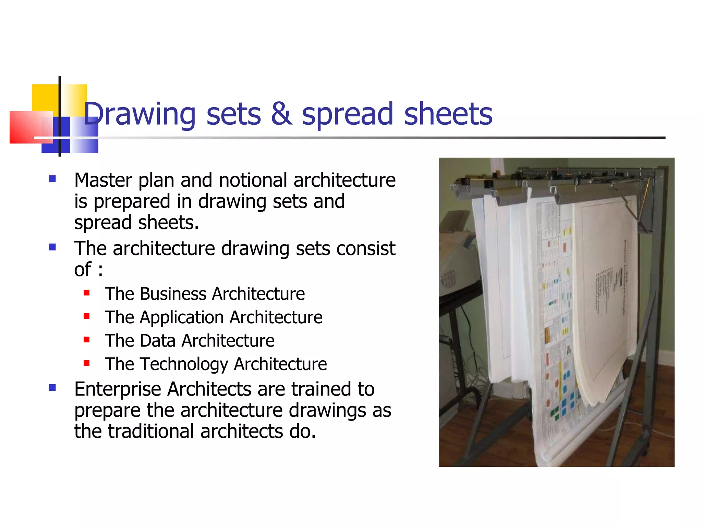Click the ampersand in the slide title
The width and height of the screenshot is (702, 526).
tap(281, 114)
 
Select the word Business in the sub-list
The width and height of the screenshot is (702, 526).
tap(173, 294)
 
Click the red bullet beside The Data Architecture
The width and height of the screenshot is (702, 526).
tap(86, 340)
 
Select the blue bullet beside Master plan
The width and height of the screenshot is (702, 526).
tap(52, 179)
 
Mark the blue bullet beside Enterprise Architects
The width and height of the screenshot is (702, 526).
tap(52, 388)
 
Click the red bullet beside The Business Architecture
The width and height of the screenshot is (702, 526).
tap(86, 293)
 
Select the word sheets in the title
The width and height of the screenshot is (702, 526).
tap(448, 114)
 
